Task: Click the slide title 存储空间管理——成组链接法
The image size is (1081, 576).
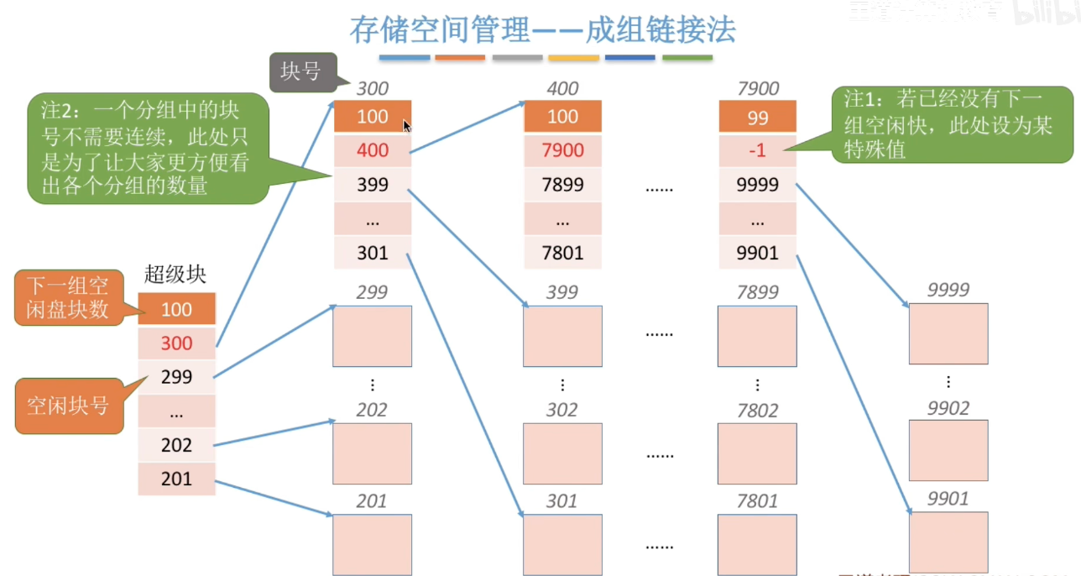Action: [x=543, y=30]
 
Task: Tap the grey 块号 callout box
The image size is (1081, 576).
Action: [x=301, y=72]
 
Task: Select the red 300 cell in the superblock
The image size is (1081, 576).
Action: [x=176, y=343]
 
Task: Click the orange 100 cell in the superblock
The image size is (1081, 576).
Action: [x=176, y=309]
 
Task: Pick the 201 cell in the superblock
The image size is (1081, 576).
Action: [x=176, y=479]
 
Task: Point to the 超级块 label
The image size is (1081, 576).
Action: [x=175, y=274]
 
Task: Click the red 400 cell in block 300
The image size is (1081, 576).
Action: [x=372, y=150]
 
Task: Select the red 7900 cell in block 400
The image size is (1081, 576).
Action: [x=562, y=150]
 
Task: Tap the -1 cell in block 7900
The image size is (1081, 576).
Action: [x=757, y=150]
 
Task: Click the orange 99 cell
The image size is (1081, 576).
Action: [x=757, y=117]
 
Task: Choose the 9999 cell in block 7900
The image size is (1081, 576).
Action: [x=757, y=185]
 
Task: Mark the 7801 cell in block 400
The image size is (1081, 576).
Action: [x=562, y=252]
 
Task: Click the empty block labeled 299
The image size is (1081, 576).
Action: [x=372, y=336]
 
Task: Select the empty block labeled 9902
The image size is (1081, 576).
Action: [x=948, y=450]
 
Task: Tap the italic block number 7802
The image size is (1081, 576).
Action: [x=757, y=410]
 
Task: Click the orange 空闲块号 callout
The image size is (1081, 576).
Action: [x=69, y=406]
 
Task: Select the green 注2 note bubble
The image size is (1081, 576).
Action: [x=147, y=148]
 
